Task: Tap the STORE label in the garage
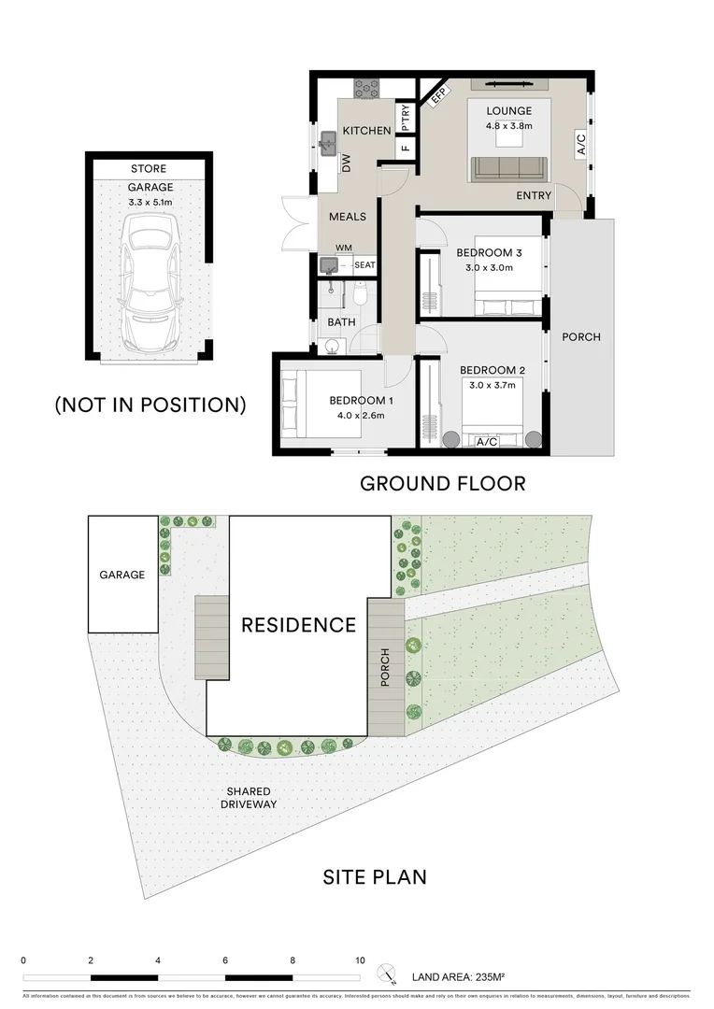149,169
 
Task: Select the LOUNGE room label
508,111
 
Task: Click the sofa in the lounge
508,168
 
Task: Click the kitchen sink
328,143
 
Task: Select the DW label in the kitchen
346,164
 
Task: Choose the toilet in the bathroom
358,295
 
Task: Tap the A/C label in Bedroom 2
487,442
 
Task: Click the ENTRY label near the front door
533,196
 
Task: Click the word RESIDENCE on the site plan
298,625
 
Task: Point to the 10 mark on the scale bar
360,960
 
